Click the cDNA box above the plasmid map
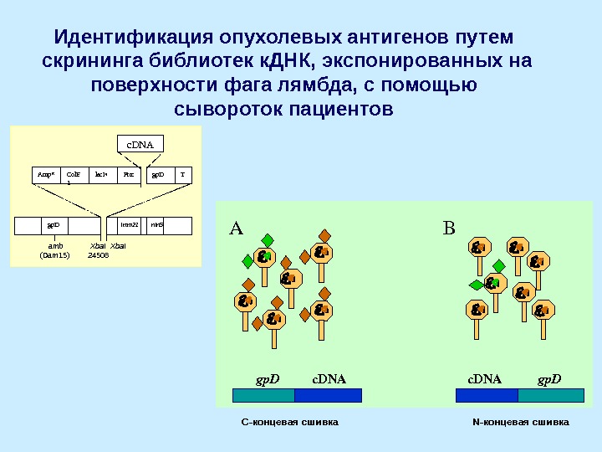point(139,143)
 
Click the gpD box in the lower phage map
point(54,226)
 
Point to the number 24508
point(99,254)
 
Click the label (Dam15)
point(55,254)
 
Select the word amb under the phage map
point(55,246)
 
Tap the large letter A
point(236,229)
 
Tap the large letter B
point(448,229)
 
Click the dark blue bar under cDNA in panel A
point(329,395)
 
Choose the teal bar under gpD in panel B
point(551,395)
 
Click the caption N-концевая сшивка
point(520,422)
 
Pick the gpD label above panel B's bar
point(549,379)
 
